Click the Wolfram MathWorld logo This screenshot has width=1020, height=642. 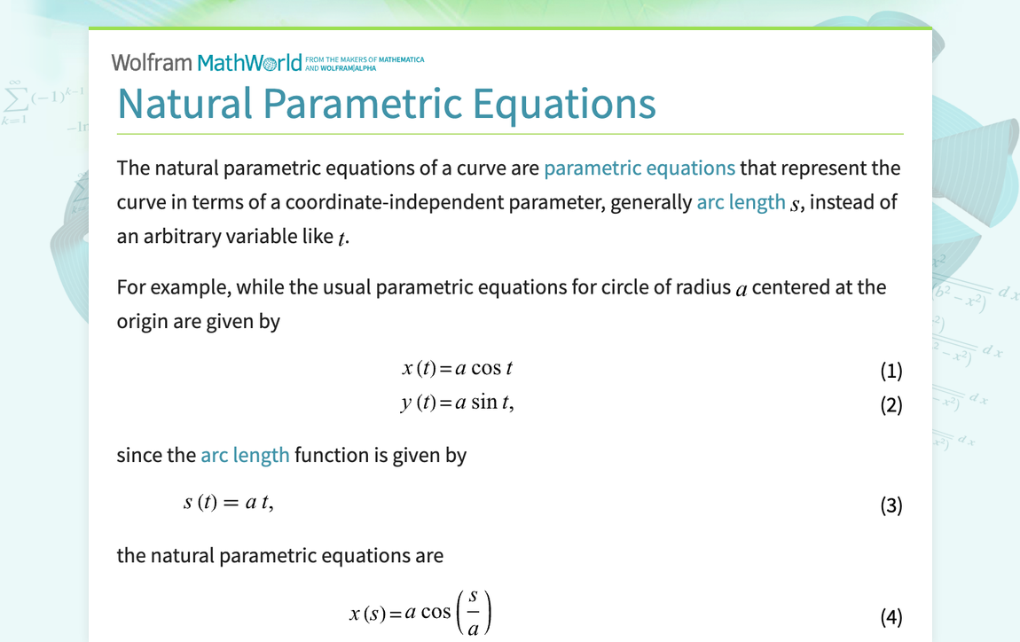(206, 62)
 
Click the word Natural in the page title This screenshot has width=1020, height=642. (184, 104)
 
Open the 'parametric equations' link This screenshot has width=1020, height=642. (639, 168)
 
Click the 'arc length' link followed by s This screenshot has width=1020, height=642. (741, 202)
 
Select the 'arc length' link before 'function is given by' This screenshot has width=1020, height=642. (245, 455)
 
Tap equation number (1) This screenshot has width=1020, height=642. (891, 371)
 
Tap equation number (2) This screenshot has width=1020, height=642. (891, 405)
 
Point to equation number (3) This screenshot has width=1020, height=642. (891, 505)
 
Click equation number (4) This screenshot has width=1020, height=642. (891, 616)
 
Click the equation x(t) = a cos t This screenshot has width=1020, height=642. (457, 368)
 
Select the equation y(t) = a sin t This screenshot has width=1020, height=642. (457, 403)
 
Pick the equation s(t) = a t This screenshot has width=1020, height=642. (228, 503)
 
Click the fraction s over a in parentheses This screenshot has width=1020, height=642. (473, 614)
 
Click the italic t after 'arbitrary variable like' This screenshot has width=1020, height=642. (341, 238)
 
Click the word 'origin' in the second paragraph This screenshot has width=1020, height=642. (142, 321)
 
